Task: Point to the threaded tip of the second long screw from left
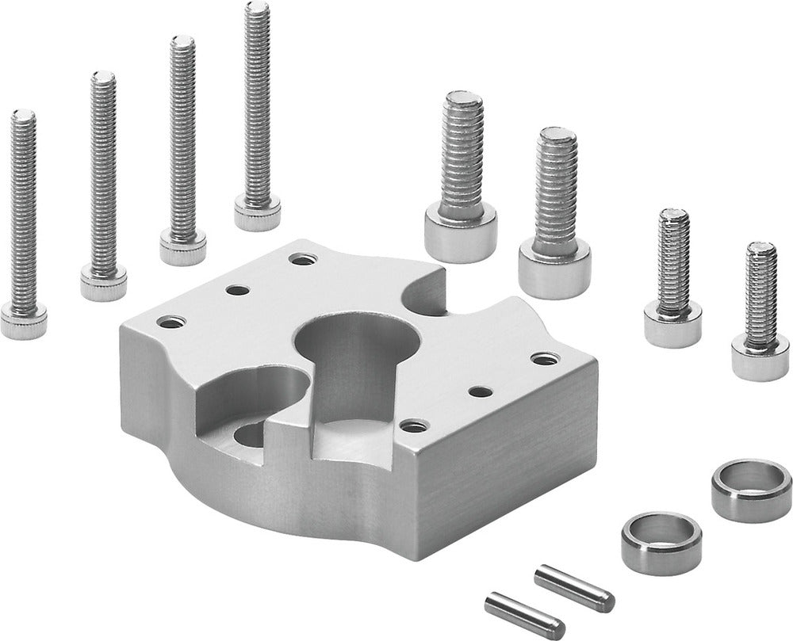[x=103, y=79]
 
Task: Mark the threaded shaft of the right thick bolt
[x=556, y=190]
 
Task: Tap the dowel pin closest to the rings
[x=573, y=587]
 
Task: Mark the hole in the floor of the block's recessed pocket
[x=251, y=434]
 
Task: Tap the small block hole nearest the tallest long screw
[x=302, y=258]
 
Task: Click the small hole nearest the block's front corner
[x=414, y=425]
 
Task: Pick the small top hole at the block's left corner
[x=170, y=322]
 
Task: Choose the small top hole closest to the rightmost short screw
[x=545, y=359]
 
